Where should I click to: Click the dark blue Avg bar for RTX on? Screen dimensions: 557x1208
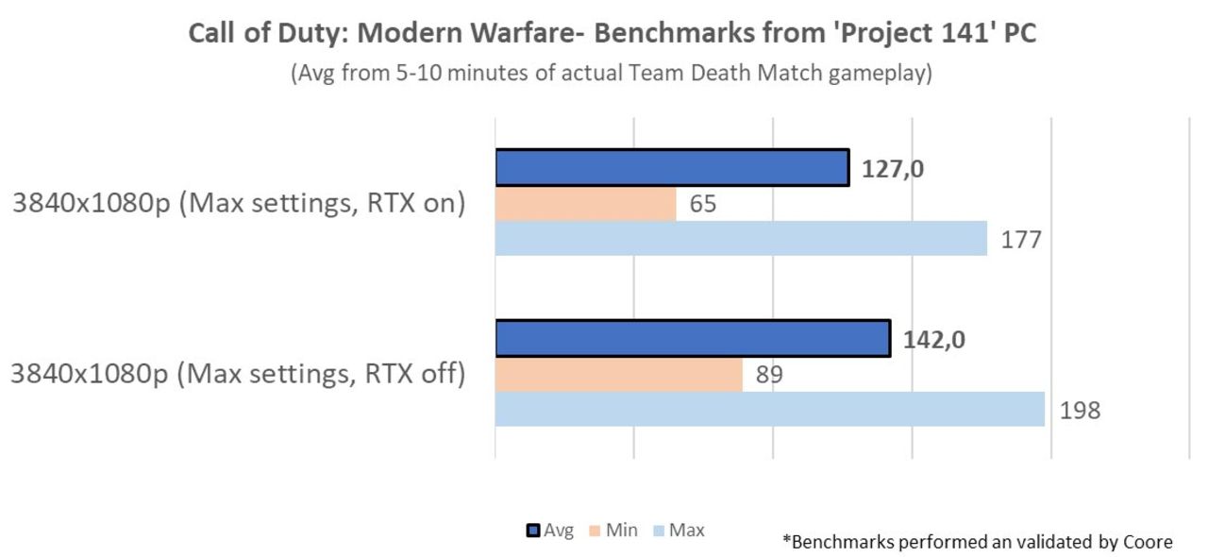click(x=671, y=168)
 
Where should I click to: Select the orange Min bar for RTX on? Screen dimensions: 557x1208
click(x=585, y=204)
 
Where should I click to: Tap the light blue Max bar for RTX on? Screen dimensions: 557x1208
click(x=741, y=238)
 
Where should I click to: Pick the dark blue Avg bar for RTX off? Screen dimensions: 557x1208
click(x=692, y=339)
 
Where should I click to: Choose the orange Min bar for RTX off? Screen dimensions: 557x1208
click(x=618, y=375)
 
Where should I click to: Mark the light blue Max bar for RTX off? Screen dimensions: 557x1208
click(x=769, y=410)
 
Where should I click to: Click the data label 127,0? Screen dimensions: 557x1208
click(x=892, y=169)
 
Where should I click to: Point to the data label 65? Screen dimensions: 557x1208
click(x=702, y=204)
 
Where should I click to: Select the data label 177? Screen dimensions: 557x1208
click(x=1022, y=239)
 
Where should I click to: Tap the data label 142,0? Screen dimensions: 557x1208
click(x=932, y=340)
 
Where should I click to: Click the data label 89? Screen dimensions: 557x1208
click(x=768, y=375)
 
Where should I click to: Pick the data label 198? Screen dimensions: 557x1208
click(x=1080, y=411)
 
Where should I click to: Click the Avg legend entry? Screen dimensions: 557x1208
click(x=550, y=531)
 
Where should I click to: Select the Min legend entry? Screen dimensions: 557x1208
click(x=614, y=531)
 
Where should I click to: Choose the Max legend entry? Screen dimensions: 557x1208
click(x=679, y=531)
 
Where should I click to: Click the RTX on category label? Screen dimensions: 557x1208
click(x=239, y=204)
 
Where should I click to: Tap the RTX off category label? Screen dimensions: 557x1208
click(x=239, y=375)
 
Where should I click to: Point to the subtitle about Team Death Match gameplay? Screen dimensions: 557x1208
click(x=611, y=74)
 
